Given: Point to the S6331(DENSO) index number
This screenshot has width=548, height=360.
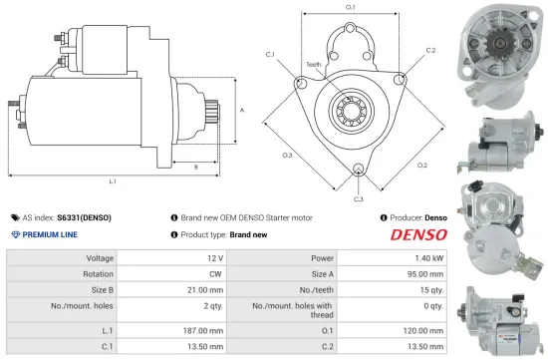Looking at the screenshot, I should pyautogui.click(x=84, y=216).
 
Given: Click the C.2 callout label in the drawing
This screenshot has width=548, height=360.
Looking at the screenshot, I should pyautogui.click(x=430, y=50).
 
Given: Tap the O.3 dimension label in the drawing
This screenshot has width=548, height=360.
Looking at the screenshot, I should pyautogui.click(x=287, y=155).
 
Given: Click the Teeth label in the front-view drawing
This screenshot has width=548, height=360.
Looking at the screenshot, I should pyautogui.click(x=313, y=63).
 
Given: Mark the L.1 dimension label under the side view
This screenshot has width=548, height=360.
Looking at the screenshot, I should pyautogui.click(x=113, y=180).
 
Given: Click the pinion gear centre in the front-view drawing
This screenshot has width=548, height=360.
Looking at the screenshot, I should pyautogui.click(x=357, y=107).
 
